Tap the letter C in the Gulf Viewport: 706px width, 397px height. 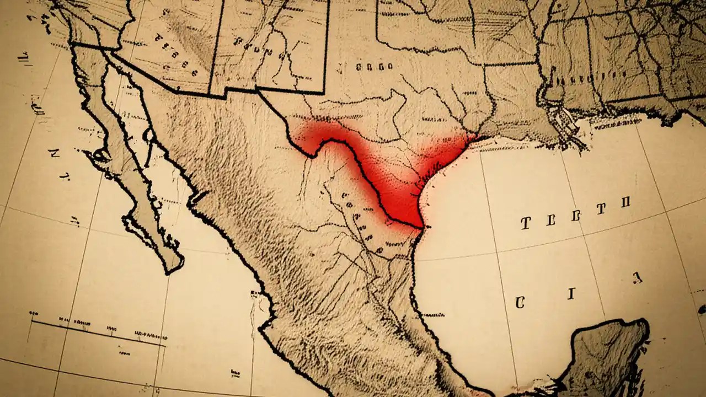519,302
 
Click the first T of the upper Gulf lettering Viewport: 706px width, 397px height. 526,223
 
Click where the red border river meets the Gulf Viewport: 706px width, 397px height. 422,226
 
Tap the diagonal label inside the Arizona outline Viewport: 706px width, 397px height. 174,55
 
